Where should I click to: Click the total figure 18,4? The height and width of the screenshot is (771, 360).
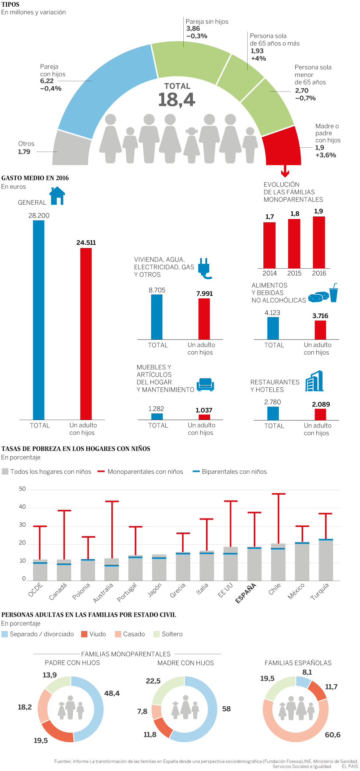coord(177,100)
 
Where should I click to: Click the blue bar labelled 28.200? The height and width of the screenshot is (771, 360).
coord(39,320)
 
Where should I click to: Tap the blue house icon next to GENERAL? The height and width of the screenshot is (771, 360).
coord(57,196)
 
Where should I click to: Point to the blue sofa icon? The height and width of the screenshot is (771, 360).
coord(205,384)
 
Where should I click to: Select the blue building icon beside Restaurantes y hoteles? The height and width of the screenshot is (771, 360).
coord(314,381)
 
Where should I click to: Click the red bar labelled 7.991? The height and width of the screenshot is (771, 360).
coord(204,319)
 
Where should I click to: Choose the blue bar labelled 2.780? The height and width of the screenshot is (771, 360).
coord(273,413)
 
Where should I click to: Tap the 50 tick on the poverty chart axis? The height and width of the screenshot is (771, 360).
coord(22,489)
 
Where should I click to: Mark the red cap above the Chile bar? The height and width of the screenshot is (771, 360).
coord(278,494)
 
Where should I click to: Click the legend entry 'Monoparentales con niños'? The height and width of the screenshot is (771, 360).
coord(145,472)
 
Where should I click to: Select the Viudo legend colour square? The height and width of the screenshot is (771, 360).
coord(84,634)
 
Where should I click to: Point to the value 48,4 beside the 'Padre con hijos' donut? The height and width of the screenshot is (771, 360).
coord(112,693)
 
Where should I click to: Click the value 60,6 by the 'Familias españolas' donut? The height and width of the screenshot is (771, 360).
coord(332,735)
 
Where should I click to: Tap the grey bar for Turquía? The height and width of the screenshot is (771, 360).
coord(326,560)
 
